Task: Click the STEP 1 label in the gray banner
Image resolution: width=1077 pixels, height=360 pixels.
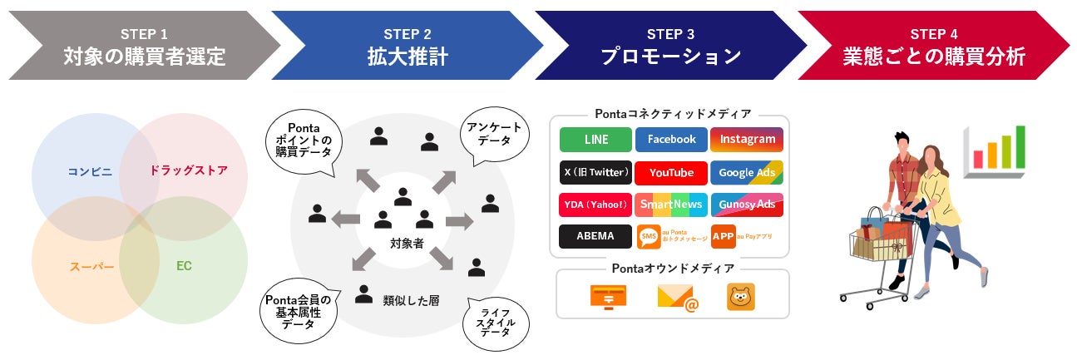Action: [144, 34]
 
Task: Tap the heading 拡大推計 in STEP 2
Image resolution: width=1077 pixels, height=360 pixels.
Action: [408, 57]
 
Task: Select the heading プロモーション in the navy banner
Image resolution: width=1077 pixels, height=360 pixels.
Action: [670, 57]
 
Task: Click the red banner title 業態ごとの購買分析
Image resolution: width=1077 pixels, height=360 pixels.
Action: [933, 57]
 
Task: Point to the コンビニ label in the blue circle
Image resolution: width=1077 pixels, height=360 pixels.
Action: [90, 172]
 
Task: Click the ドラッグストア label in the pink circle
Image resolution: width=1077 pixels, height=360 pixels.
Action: [188, 170]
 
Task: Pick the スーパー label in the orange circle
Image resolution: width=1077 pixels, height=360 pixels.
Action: [92, 267]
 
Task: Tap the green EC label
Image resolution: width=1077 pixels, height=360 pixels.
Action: [184, 267]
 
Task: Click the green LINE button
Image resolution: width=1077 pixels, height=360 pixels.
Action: [596, 140]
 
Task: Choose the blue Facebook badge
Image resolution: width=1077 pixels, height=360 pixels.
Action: [671, 140]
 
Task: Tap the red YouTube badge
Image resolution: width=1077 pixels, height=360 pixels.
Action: [671, 173]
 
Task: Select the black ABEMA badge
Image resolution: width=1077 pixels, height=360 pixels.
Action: [596, 236]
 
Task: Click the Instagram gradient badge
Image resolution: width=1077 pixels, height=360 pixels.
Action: [747, 140]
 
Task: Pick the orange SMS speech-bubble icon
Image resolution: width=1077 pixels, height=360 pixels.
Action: [649, 237]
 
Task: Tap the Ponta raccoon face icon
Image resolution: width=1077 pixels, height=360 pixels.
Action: [740, 297]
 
